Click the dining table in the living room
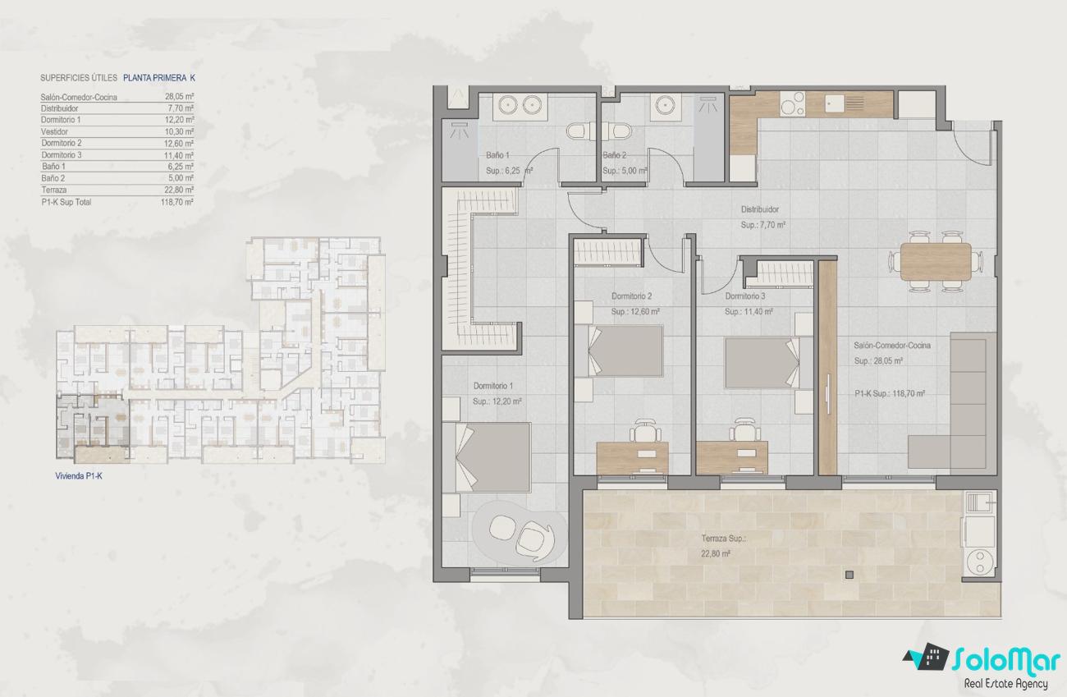pyautogui.click(x=936, y=262)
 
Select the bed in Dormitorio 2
pyautogui.click(x=618, y=351)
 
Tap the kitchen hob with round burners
pyautogui.click(x=792, y=104)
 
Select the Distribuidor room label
pyautogui.click(x=760, y=209)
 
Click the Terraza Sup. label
pyautogui.click(x=723, y=539)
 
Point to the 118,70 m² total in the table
pyautogui.click(x=177, y=202)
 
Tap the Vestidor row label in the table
pyautogui.click(x=54, y=131)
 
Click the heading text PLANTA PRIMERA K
pyautogui.click(x=159, y=78)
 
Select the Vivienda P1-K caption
pyautogui.click(x=79, y=476)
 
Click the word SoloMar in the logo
pyautogui.click(x=1005, y=661)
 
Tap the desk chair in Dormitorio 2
pyautogui.click(x=645, y=430)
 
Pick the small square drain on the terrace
pyautogui.click(x=849, y=575)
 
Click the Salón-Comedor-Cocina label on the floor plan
pyautogui.click(x=891, y=346)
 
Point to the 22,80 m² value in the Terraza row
pyautogui.click(x=179, y=190)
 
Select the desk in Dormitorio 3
pyautogui.click(x=731, y=458)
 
